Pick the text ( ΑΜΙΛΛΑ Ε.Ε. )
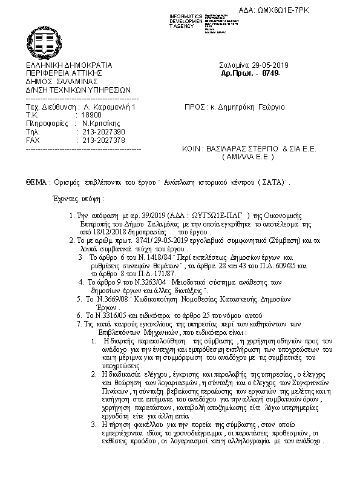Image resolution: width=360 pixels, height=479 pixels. [248, 156]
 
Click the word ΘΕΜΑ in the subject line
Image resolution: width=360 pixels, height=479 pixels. [36, 182]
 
